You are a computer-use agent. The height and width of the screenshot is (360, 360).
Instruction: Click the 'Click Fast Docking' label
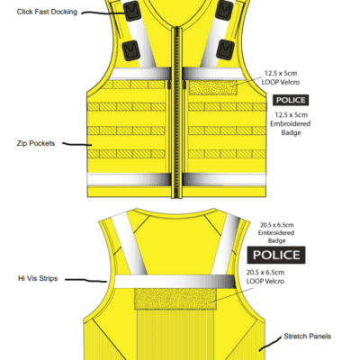[x=47, y=12]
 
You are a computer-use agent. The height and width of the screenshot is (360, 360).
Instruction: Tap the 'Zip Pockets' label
[x=36, y=143]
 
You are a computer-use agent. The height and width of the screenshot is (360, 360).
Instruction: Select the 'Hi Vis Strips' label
[x=38, y=279]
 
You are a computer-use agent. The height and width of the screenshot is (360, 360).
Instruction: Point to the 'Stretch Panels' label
[x=308, y=337]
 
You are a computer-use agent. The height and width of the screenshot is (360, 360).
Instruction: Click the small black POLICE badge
[x=291, y=100]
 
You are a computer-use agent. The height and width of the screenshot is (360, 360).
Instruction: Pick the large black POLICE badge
[x=276, y=255]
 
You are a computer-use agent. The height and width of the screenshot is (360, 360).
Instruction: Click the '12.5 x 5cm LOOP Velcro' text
[x=281, y=77]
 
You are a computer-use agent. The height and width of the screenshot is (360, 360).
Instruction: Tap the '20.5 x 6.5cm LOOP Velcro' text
[x=265, y=277]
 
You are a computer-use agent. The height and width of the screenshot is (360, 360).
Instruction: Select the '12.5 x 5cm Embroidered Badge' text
[x=291, y=123]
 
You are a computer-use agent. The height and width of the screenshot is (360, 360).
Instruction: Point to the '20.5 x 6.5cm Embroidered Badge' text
[x=276, y=233]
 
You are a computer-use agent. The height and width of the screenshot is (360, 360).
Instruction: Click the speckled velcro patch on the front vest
[x=213, y=87]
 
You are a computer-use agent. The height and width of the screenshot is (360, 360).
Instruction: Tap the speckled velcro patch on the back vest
[x=175, y=299]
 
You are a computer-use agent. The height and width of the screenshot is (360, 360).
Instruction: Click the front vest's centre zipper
[x=177, y=112]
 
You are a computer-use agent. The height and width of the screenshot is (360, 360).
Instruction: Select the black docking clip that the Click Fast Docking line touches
[x=132, y=12]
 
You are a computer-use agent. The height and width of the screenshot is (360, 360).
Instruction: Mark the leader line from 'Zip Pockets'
[x=77, y=144]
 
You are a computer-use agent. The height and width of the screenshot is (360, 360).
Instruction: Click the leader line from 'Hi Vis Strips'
[x=85, y=280]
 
